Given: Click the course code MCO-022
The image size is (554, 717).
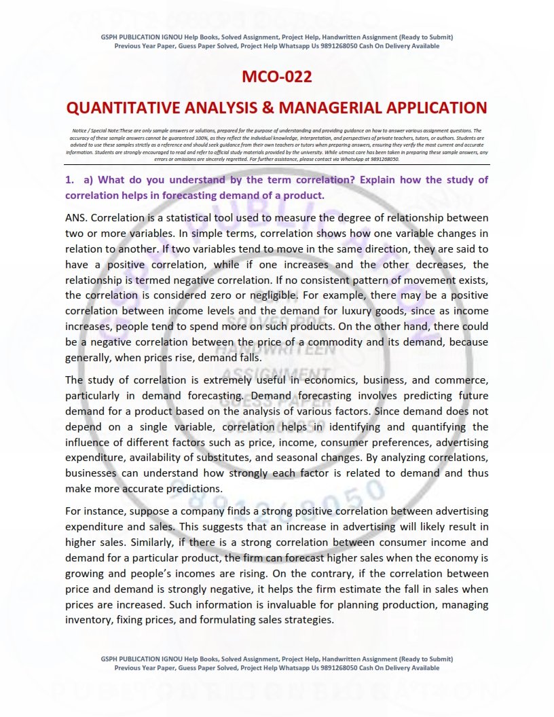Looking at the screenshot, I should [x=277, y=77].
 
